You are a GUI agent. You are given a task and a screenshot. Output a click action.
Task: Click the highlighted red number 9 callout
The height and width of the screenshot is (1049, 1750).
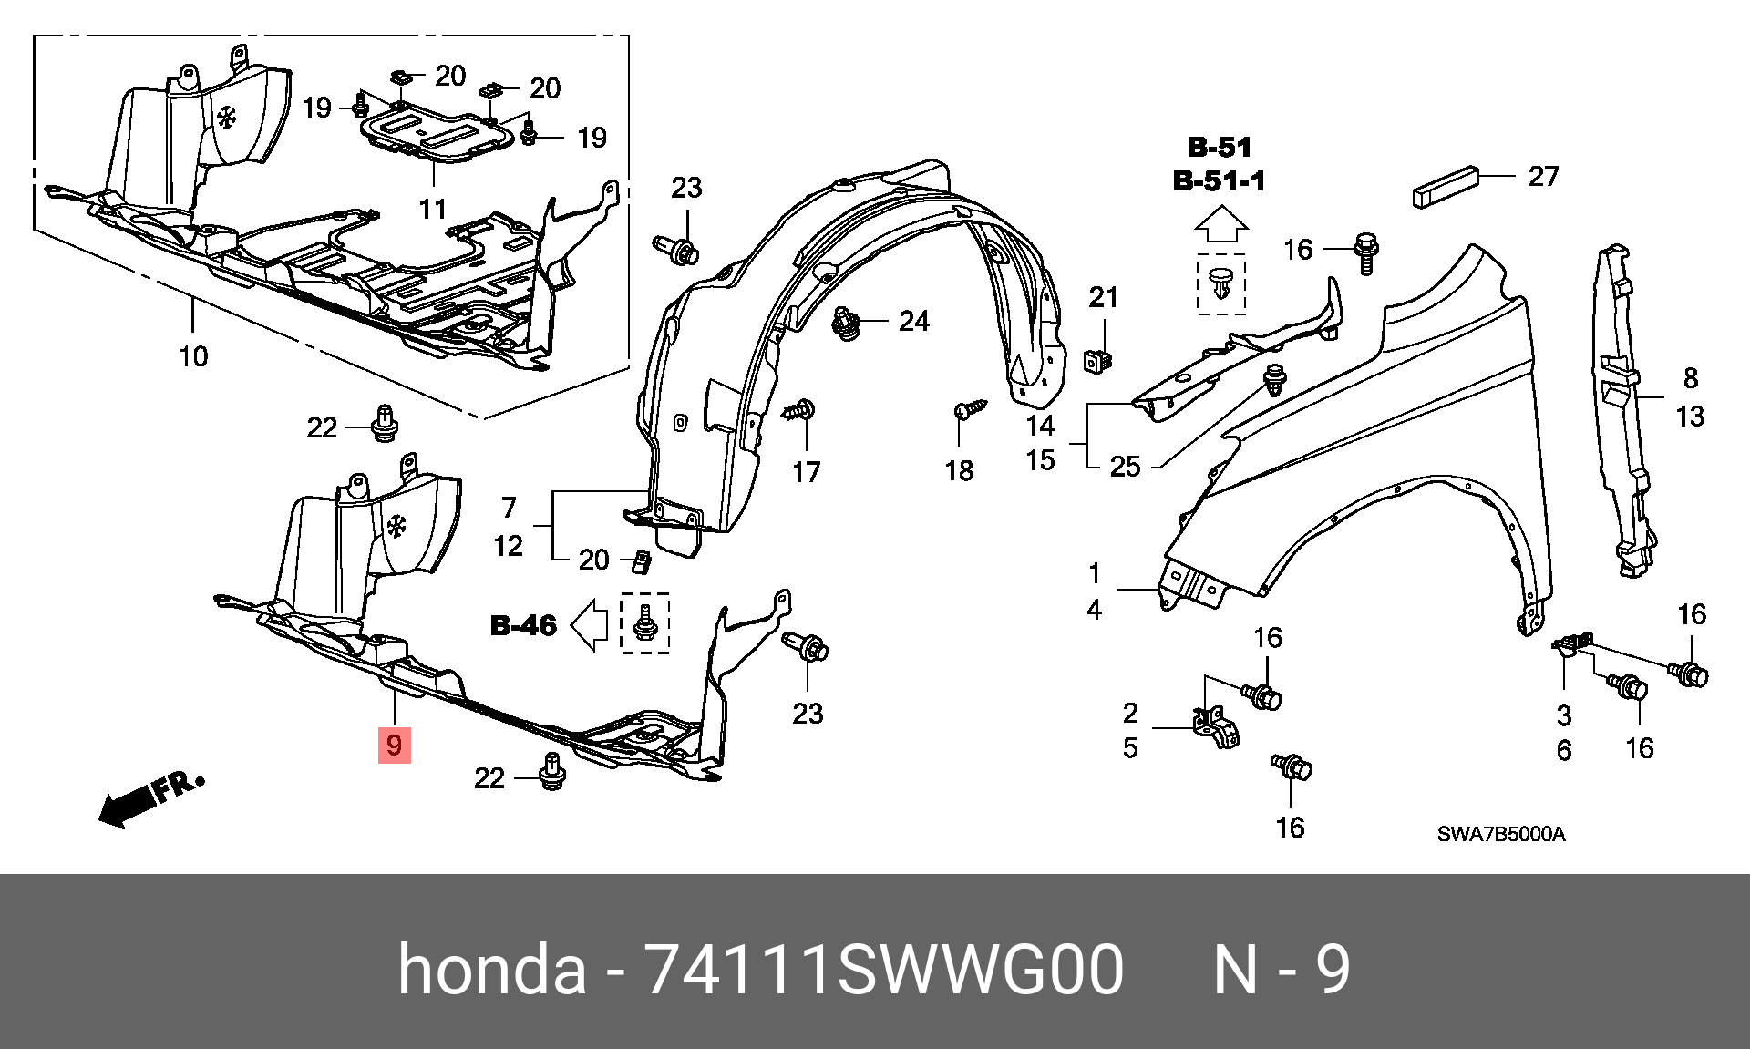[x=394, y=745]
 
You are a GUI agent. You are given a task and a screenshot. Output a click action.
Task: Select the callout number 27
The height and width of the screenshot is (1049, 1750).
[x=1542, y=176]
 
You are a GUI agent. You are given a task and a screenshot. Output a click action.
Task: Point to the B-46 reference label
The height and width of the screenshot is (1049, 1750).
[x=523, y=625]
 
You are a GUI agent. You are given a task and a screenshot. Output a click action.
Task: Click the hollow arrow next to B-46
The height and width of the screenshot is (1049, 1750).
[x=590, y=625]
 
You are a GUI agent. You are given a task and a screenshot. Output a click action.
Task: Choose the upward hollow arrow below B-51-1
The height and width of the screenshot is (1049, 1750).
[x=1220, y=223]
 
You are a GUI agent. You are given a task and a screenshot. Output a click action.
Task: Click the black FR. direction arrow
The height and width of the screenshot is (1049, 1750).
[x=128, y=806]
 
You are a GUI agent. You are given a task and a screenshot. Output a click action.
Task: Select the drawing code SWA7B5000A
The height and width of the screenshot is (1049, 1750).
[x=1500, y=834]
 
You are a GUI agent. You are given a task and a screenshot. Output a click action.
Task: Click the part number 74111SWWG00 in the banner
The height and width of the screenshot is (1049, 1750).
[x=884, y=969]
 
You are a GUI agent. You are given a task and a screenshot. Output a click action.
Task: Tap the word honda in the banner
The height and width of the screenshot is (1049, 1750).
[x=492, y=969]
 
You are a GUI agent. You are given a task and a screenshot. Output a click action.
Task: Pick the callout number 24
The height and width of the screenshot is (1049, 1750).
[x=913, y=321]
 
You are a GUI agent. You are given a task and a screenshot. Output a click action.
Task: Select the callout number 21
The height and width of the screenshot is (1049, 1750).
[x=1103, y=297]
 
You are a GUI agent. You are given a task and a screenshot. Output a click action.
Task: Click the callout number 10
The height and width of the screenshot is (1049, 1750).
[x=193, y=356]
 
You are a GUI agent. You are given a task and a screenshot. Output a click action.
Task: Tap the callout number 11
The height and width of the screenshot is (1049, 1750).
[x=433, y=209]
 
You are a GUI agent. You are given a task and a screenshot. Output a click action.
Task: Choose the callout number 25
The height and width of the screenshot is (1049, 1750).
[x=1125, y=467]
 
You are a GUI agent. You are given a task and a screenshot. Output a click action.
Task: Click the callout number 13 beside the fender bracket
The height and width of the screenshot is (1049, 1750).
[x=1690, y=417]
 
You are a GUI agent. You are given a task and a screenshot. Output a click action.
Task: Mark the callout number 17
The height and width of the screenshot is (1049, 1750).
[x=806, y=472]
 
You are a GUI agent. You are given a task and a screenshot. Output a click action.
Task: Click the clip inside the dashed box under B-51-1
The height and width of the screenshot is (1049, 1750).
[x=1220, y=284]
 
